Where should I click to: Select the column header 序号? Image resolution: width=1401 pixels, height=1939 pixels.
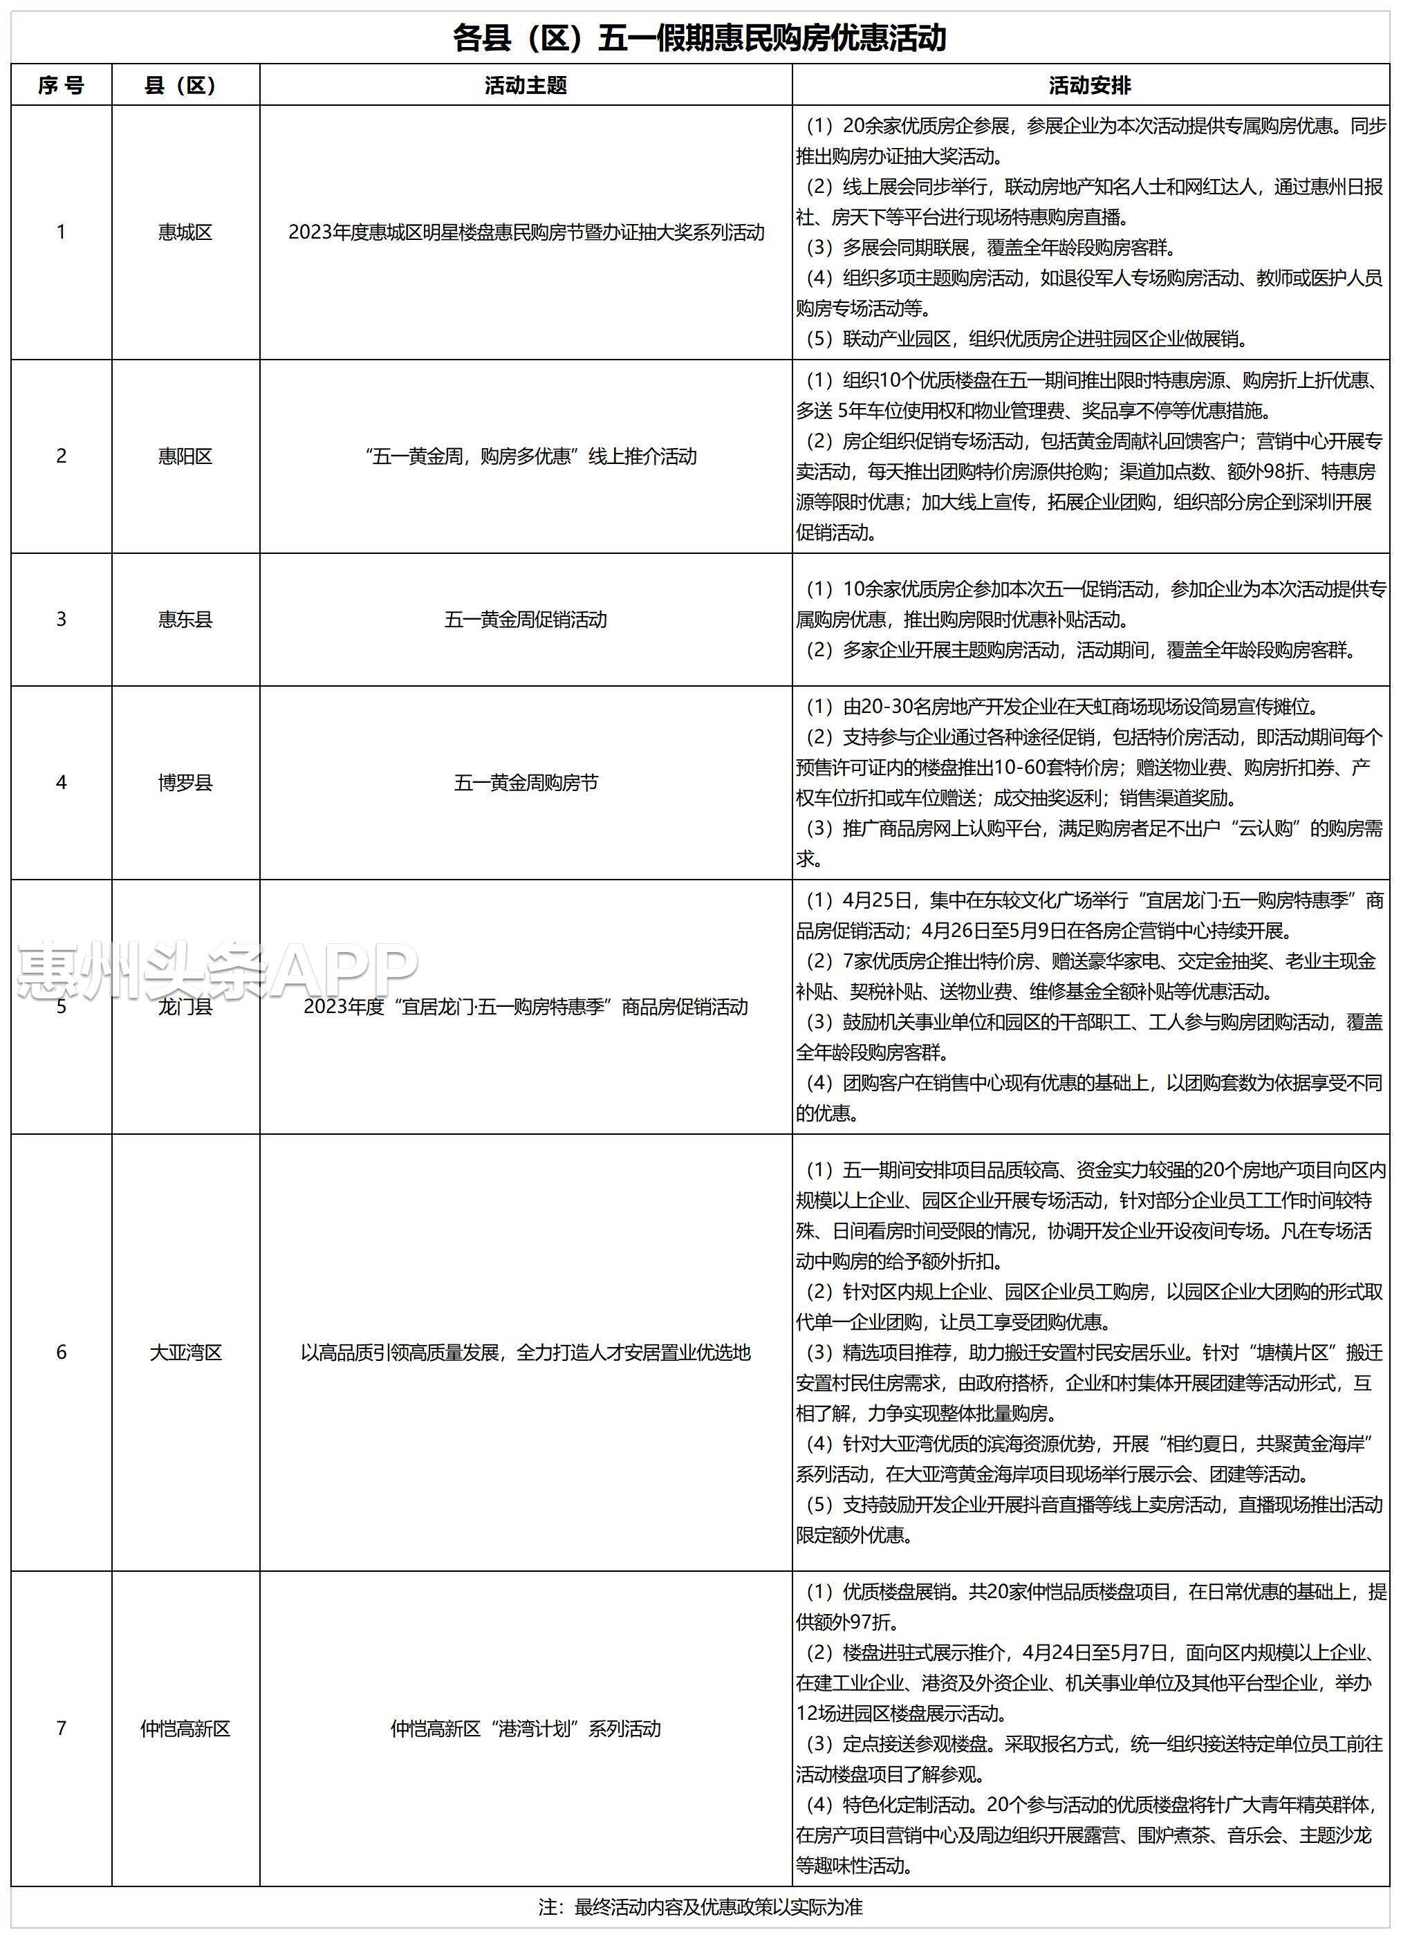(61, 86)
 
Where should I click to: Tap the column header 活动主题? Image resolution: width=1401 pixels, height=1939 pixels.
(526, 86)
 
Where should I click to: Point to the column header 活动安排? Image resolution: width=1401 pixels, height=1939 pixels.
(1090, 86)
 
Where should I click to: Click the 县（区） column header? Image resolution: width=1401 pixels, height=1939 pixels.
(185, 86)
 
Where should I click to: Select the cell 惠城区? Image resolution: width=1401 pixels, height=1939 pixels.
(185, 232)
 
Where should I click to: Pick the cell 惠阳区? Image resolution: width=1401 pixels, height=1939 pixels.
(185, 456)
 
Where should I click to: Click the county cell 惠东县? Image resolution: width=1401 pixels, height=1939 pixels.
(185, 620)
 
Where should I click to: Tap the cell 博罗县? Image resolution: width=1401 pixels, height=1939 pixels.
(185, 783)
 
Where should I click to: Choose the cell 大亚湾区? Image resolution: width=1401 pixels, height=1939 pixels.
(185, 1353)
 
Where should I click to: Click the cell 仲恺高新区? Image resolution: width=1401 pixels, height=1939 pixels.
(185, 1729)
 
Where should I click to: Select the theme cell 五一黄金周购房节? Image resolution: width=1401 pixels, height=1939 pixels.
(526, 783)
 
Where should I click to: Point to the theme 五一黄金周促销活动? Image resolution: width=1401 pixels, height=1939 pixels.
(526, 620)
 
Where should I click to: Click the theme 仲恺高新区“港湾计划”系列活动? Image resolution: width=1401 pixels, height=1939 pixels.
(526, 1729)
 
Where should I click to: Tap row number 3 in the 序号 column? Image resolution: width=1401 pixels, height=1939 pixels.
(61, 620)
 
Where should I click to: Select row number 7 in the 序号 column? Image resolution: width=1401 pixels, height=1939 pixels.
(61, 1729)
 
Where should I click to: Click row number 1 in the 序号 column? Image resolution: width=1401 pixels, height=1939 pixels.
(61, 232)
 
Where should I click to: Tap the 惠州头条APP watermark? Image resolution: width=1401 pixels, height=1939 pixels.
(218, 972)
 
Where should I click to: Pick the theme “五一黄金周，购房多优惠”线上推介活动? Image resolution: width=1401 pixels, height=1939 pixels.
(526, 456)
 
